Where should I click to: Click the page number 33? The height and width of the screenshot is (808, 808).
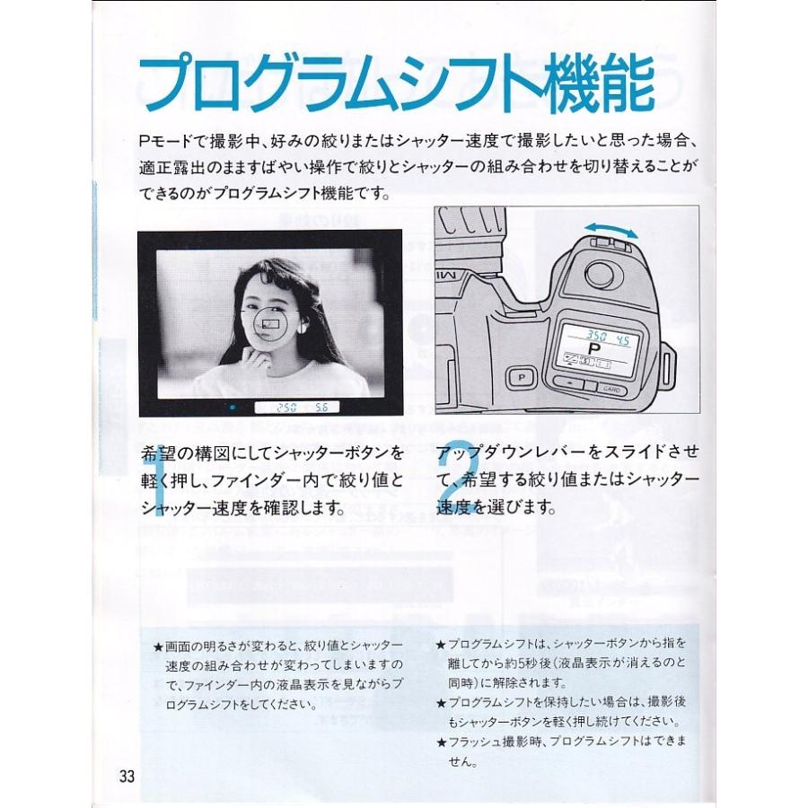[126, 776]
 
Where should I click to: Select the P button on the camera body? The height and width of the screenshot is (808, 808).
[520, 378]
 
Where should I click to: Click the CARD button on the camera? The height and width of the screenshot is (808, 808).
[611, 390]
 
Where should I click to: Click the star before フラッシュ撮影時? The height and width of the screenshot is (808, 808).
[440, 742]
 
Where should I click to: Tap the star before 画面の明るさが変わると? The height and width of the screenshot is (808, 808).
[158, 646]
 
